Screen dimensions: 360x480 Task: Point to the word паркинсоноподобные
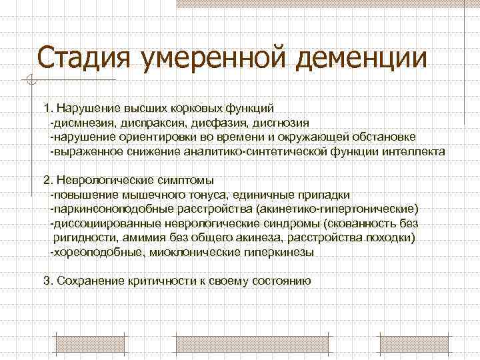pyautogui.click(x=109, y=209)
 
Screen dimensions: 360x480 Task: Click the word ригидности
pyautogui.click(x=81, y=238)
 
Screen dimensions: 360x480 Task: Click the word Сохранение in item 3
pyautogui.click(x=91, y=281)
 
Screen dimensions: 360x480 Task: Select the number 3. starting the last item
pyautogui.click(x=47, y=281)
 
